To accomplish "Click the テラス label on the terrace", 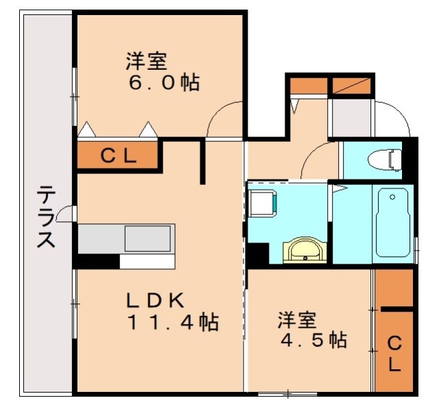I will [46, 217].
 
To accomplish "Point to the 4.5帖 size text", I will [311, 340].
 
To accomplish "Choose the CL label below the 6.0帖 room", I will [119, 155].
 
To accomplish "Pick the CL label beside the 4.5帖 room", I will [394, 352].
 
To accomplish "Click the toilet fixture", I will [383, 160].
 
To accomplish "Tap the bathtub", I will [393, 223].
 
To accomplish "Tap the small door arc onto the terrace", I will [64, 214].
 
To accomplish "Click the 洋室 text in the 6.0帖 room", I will [146, 62].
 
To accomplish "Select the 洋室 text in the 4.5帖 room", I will [297, 320].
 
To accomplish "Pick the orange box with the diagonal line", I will [351, 86].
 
